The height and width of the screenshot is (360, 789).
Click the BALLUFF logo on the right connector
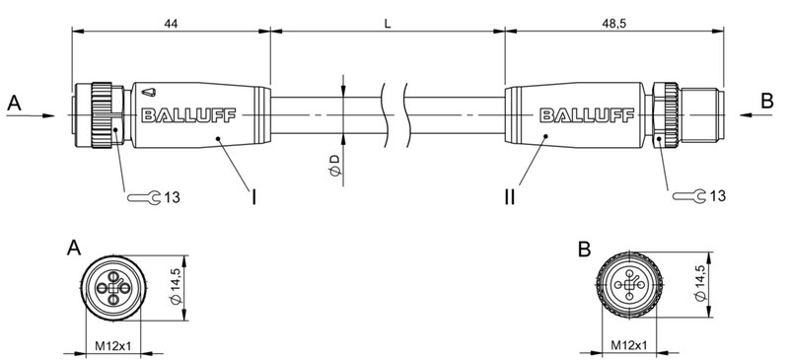(580, 115)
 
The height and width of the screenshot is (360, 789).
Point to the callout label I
(253, 197)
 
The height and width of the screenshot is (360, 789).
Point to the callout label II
(509, 197)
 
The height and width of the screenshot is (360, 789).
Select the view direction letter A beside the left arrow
(13, 102)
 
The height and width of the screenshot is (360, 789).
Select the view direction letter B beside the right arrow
(767, 101)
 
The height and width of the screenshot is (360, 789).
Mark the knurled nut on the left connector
(103, 116)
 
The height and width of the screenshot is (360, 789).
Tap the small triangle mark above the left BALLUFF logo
(147, 88)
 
